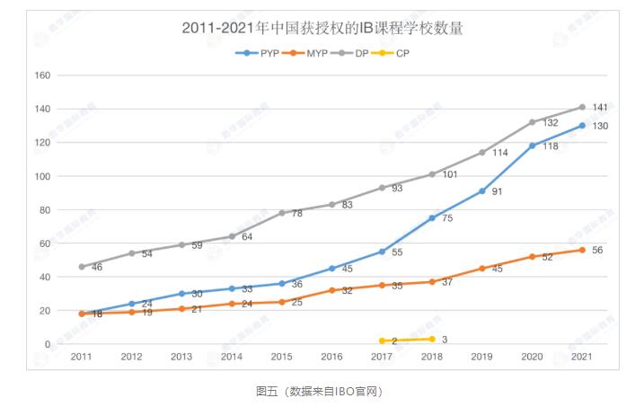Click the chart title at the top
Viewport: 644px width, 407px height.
pos(322,28)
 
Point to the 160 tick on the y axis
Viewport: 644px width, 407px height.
pos(41,75)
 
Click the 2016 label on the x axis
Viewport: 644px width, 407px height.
pos(331,358)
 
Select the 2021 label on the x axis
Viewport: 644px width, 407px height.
pos(582,358)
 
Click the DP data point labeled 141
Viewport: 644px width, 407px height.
pos(582,107)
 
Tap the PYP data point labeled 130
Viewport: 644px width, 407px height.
pos(582,125)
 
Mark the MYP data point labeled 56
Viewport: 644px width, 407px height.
pos(582,250)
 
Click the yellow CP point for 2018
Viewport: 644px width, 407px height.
pos(432,339)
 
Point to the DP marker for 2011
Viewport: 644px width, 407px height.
pos(82,267)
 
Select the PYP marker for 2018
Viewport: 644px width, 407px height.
pos(432,217)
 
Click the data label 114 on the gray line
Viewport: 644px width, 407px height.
pos(499,153)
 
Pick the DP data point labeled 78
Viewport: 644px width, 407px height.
pos(282,213)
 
